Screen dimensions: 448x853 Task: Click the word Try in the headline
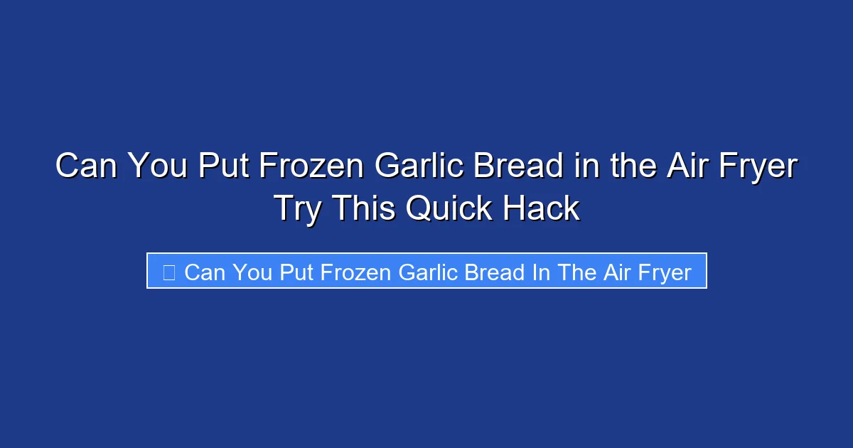pos(297,209)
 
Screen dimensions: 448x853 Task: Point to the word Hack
pos(541,209)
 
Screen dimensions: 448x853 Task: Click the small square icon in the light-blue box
pos(168,272)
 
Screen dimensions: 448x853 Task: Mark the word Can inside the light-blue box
pos(205,272)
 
